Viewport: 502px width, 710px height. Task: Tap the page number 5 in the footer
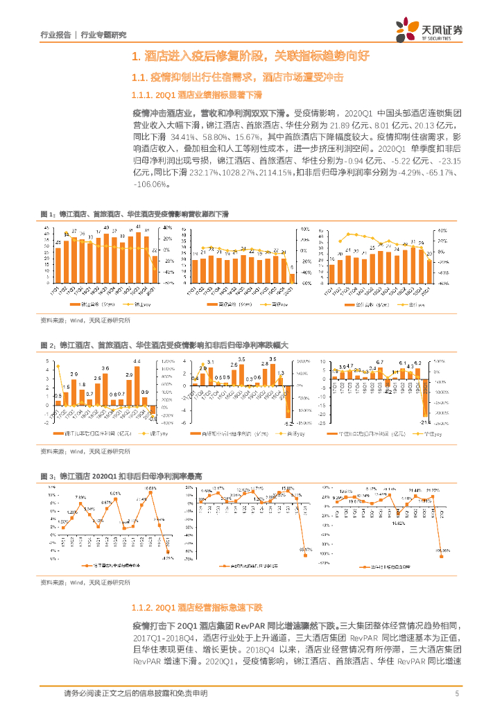(457, 693)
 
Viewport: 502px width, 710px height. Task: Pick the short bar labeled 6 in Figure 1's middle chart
(292, 278)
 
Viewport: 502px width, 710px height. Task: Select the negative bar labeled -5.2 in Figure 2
(291, 412)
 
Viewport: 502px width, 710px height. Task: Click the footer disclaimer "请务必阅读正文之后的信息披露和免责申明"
(135, 693)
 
